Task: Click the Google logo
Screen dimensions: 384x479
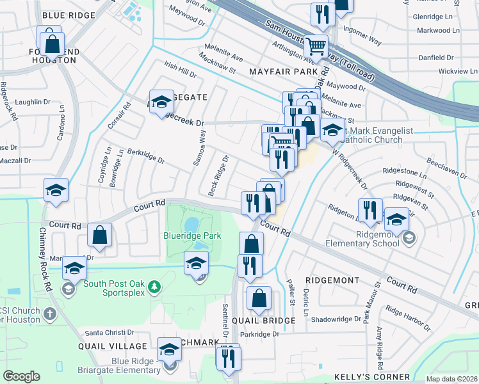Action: coord(21,376)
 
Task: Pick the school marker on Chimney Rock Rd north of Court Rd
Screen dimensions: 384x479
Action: coord(56,190)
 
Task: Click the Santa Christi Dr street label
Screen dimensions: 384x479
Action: coord(111,333)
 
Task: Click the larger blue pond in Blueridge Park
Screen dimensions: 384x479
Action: coord(191,225)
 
